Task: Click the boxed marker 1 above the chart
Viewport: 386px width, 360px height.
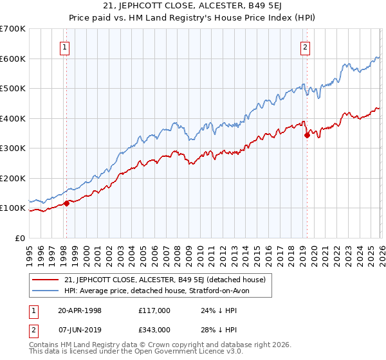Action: pyautogui.click(x=66, y=46)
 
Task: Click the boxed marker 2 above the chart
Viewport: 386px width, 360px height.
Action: pyautogui.click(x=304, y=46)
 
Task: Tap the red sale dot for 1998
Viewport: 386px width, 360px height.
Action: pyautogui.click(x=66, y=203)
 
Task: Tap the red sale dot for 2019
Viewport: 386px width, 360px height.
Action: pyautogui.click(x=307, y=135)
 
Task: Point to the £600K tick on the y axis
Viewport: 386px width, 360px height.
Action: pyautogui.click(x=13, y=59)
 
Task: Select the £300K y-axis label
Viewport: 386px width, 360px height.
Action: pyautogui.click(x=13, y=148)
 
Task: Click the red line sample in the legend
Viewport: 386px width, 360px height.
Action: pyautogui.click(x=46, y=280)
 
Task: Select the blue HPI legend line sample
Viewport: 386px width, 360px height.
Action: pyautogui.click(x=46, y=291)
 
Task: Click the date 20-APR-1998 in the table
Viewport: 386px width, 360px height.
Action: pyautogui.click(x=79, y=310)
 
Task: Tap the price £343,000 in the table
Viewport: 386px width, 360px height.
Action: pyautogui.click(x=154, y=329)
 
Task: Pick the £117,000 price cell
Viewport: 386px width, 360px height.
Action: pyautogui.click(x=154, y=310)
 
